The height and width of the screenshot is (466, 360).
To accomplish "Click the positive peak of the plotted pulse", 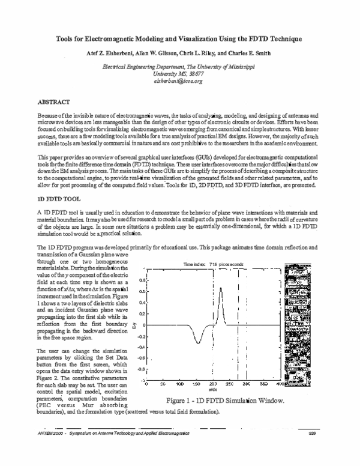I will pyautogui.click(x=221, y=288).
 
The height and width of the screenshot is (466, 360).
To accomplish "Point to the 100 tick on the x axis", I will pyautogui.click(x=179, y=383).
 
